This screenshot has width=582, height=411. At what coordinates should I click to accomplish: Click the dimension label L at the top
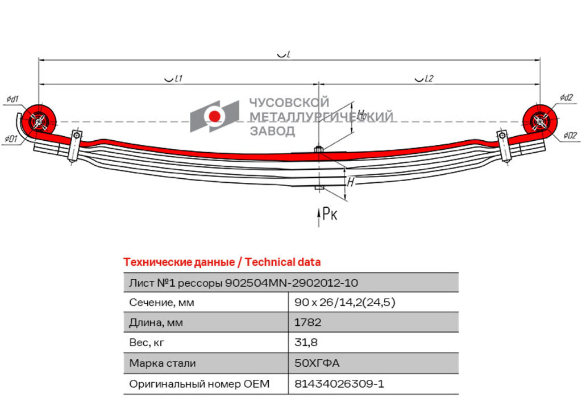[284, 54]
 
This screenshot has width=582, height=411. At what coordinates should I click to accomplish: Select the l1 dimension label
[174, 78]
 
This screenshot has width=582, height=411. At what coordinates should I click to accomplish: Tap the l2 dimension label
[424, 78]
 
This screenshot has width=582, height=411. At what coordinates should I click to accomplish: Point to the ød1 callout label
[13, 99]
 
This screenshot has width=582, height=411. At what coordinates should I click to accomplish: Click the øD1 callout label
[11, 139]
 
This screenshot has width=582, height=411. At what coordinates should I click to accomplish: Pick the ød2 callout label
[567, 97]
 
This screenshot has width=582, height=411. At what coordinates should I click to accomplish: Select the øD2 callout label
[569, 135]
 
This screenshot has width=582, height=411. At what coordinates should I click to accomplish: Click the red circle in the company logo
[214, 116]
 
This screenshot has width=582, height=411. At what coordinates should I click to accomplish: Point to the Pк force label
[329, 213]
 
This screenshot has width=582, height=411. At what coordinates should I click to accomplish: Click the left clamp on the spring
[75, 145]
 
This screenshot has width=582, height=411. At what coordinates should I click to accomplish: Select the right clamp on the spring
[504, 145]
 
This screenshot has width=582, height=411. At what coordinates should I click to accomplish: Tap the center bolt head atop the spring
[319, 150]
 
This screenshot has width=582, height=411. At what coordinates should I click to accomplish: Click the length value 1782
[307, 322]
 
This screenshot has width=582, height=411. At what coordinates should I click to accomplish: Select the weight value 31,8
[306, 342]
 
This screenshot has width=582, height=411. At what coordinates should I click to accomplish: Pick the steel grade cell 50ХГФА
[317, 363]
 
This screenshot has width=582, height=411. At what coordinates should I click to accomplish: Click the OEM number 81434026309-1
[339, 384]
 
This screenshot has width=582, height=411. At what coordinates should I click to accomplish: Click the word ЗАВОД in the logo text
[272, 131]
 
